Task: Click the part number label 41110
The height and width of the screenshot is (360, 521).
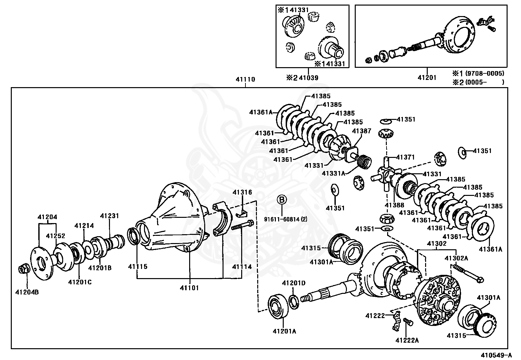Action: pos(245,79)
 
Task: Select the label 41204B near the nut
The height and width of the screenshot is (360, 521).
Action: pos(27,292)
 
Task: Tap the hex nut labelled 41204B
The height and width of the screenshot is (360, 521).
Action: pos(24,269)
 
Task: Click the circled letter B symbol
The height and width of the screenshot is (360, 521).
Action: pos(282,199)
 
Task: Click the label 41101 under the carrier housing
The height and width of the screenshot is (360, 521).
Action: pos(189,288)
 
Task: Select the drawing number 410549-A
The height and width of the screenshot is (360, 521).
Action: pos(496,355)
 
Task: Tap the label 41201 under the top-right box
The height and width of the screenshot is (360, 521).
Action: pos(427,78)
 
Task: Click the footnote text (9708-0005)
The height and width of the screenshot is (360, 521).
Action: pos(485,73)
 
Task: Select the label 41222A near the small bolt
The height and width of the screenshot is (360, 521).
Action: pos(407,340)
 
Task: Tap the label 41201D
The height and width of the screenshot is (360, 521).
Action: pos(294,283)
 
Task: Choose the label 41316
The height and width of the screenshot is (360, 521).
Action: pos(242,192)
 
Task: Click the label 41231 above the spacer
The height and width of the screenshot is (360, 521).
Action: pos(110,216)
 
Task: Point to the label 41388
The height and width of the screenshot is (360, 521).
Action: pos(394,205)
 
